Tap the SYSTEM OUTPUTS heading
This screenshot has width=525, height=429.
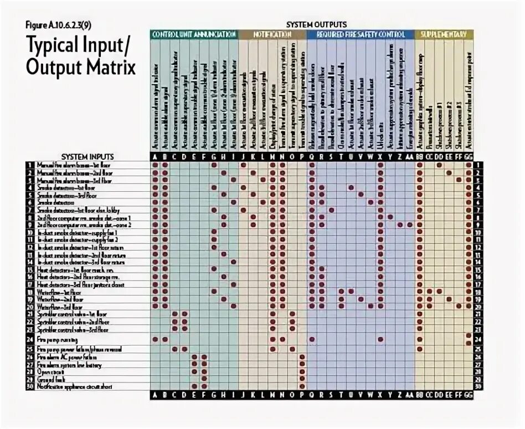[316, 24]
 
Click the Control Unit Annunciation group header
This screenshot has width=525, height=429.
[194, 34]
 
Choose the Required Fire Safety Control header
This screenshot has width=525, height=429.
[361, 34]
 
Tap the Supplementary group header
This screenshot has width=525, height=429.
[442, 34]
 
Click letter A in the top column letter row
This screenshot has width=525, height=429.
[156, 156]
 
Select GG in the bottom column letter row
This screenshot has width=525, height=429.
[469, 395]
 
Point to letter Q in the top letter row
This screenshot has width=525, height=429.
[312, 156]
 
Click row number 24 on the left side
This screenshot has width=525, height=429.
[30, 339]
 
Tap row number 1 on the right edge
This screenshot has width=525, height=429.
[477, 165]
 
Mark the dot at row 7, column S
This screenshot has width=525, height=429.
[331, 210]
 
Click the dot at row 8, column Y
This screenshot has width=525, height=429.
[390, 217]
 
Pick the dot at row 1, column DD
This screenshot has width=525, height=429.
[439, 165]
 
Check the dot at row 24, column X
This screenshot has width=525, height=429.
[380, 339]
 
